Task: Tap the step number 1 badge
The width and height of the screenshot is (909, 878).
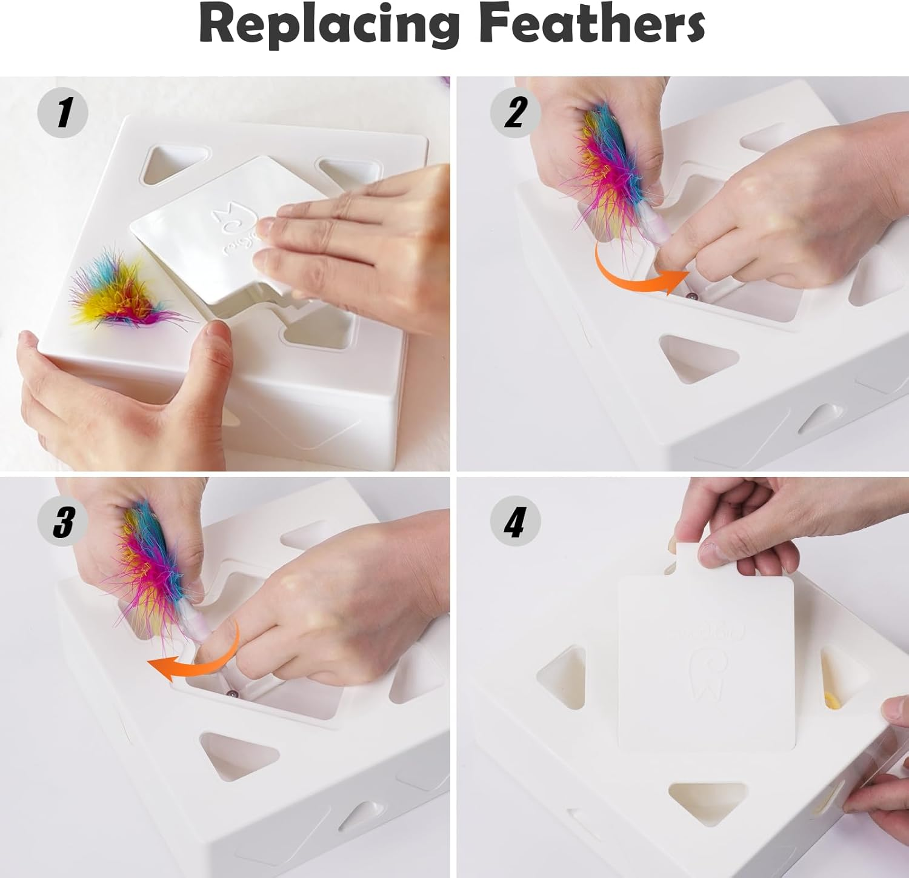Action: [x=63, y=113]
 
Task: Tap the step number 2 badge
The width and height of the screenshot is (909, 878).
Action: [x=514, y=113]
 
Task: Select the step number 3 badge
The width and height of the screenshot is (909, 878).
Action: [x=63, y=520]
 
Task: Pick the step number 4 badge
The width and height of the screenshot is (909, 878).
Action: [x=514, y=520]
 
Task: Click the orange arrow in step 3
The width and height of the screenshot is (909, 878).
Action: [x=194, y=660]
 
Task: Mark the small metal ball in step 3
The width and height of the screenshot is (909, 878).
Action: [x=231, y=693]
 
